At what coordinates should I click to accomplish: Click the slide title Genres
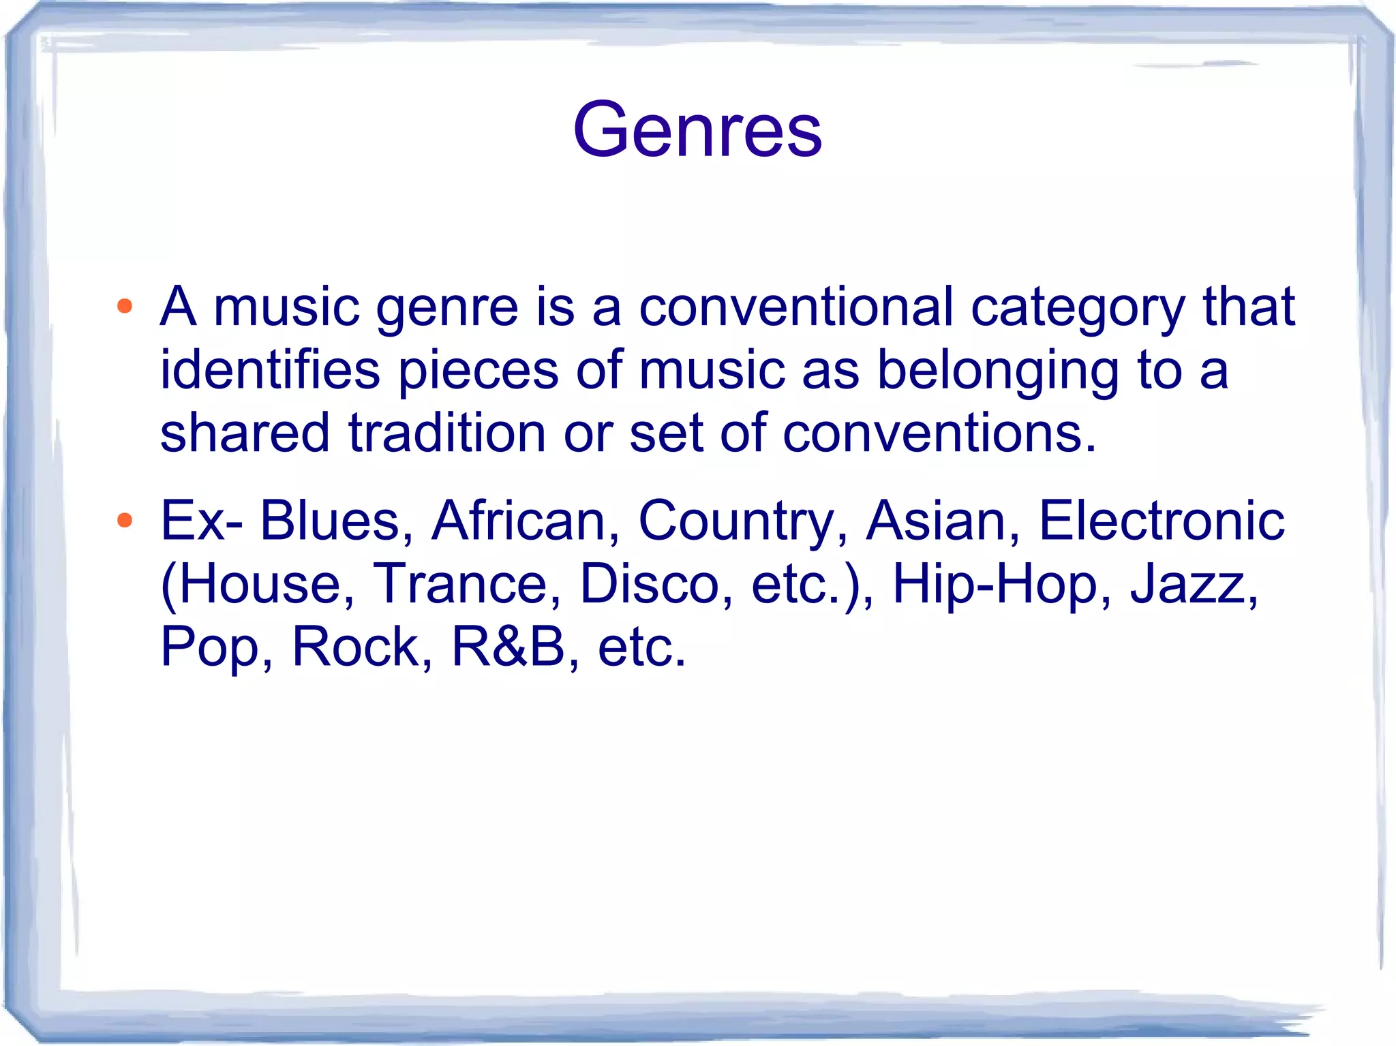click(x=697, y=129)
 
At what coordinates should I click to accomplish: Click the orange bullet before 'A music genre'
click(x=124, y=306)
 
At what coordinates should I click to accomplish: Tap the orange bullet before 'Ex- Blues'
click(x=124, y=521)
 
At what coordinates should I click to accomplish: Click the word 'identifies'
click(x=270, y=370)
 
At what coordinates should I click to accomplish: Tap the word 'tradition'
click(x=447, y=433)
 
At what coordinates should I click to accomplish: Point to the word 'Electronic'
click(x=1161, y=521)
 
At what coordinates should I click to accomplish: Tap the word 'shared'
click(x=245, y=433)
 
